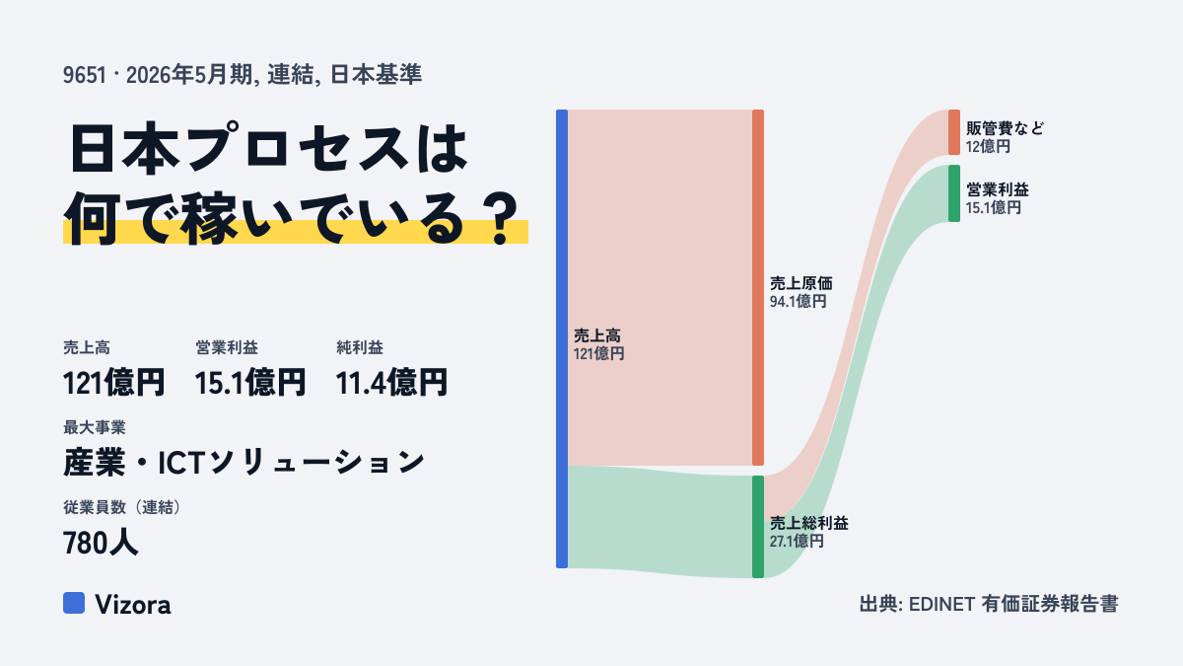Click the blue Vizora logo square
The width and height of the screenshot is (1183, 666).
point(74,603)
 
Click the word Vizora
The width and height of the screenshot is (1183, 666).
point(132,604)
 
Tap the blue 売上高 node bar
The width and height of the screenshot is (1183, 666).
point(562,338)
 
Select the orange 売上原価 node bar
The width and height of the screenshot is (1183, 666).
point(758,287)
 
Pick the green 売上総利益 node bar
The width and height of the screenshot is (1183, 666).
point(758,527)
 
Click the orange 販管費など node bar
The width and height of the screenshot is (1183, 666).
point(954,132)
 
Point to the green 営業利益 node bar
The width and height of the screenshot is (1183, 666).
point(954,193)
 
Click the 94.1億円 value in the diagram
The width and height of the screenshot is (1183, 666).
point(798,302)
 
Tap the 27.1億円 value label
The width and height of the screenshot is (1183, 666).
point(797,542)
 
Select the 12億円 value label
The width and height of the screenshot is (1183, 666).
point(988,146)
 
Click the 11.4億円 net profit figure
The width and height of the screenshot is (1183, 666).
point(391,383)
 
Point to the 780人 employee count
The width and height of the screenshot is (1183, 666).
point(101,543)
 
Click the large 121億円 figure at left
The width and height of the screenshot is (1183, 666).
point(113,383)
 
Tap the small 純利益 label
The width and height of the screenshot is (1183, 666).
point(360,347)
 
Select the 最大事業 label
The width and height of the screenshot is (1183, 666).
point(95,427)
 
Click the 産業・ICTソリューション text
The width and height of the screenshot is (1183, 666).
point(244,462)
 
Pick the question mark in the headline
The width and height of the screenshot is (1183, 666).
point(501,219)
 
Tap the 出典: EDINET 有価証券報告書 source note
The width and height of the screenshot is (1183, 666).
point(989,604)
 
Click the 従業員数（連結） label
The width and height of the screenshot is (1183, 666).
point(122,507)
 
